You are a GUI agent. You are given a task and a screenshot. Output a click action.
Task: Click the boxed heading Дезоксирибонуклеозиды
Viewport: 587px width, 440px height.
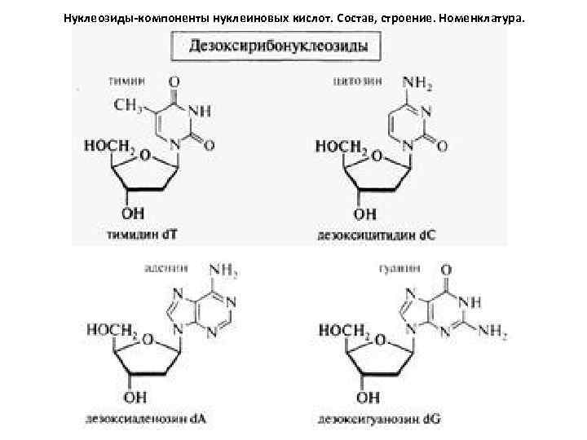point(279,46)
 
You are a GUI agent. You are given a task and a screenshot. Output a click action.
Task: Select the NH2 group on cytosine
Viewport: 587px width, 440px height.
point(419,82)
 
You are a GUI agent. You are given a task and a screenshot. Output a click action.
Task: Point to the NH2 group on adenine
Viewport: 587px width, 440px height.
point(224,269)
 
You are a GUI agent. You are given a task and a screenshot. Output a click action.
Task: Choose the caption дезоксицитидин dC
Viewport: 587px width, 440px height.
point(376,235)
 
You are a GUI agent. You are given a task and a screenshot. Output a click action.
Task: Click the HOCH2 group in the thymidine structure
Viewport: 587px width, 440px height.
point(109,146)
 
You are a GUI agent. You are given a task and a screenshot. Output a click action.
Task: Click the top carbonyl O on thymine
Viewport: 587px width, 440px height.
point(173,82)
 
